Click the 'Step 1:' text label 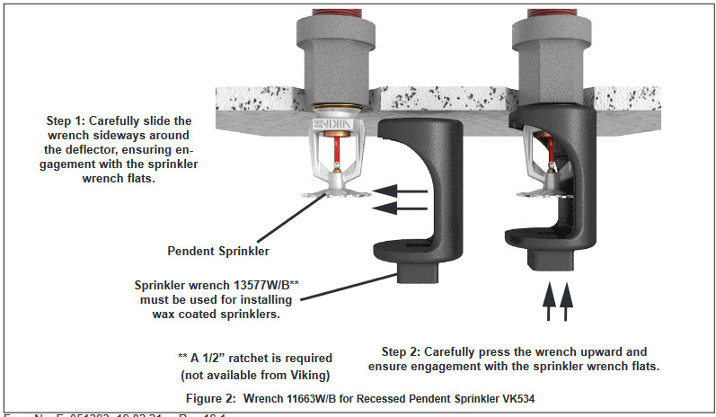73,120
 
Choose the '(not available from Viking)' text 254,372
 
